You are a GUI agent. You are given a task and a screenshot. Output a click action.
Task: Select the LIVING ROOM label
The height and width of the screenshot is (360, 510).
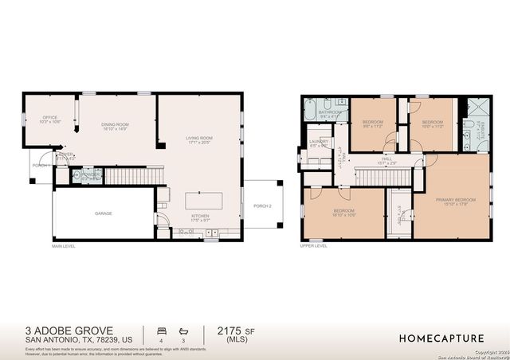(198, 139)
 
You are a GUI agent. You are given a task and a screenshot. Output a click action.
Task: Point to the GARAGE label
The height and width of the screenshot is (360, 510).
(104, 213)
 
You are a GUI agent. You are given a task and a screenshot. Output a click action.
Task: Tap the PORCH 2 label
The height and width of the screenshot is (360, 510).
(263, 205)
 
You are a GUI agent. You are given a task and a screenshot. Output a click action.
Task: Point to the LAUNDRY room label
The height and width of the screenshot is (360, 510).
(319, 143)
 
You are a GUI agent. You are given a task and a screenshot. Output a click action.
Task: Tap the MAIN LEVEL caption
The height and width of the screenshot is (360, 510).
(64, 246)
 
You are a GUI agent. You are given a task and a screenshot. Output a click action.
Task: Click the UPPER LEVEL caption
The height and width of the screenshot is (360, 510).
(313, 246)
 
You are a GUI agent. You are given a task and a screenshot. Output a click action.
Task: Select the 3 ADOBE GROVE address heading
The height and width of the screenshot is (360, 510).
(69, 330)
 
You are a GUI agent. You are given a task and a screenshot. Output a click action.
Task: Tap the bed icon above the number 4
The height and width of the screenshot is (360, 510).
(163, 329)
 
